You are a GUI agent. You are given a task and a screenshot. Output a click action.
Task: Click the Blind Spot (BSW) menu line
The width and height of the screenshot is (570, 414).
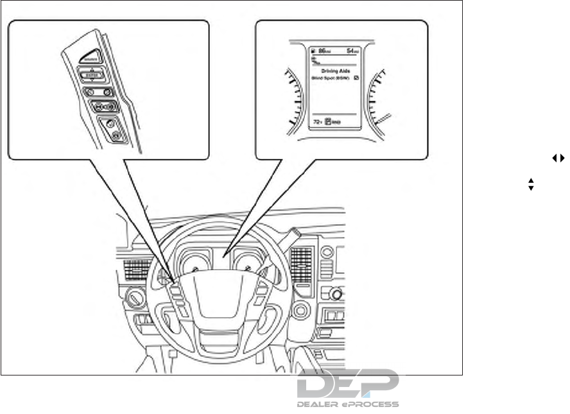click(329, 78)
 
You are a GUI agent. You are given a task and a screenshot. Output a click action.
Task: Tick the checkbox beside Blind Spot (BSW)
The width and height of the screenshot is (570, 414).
click(356, 78)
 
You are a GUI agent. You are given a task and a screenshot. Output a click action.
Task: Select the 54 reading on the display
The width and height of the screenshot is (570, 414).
click(351, 49)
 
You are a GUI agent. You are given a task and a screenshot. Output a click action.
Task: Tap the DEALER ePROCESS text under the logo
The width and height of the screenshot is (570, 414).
click(348, 404)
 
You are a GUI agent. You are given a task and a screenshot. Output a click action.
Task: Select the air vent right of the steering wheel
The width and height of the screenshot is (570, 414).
click(300, 263)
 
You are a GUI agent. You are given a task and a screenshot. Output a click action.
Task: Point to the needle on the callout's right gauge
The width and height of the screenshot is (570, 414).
click(381, 119)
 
